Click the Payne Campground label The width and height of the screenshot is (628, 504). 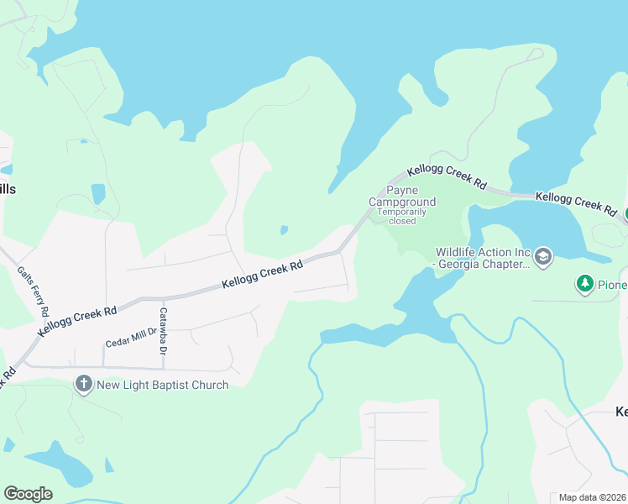coord(402,197)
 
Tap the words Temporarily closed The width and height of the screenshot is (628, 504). coord(402,216)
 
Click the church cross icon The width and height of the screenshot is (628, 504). coord(83,385)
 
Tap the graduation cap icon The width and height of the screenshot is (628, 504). coord(543,256)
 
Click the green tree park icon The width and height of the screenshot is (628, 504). coord(584,285)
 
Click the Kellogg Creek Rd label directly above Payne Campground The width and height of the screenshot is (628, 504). coord(447,176)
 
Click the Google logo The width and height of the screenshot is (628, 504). coord(28,494)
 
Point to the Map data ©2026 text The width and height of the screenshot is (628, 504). coord(593,497)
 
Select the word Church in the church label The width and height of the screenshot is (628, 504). coord(208,385)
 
